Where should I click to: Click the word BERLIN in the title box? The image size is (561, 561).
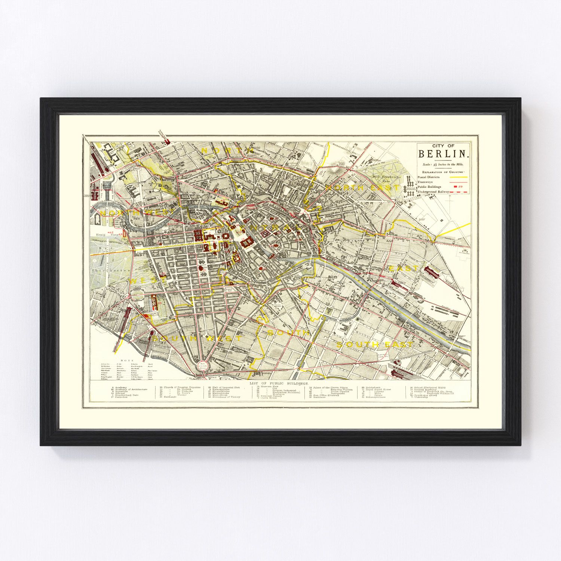443,154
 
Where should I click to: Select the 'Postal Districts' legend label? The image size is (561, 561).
429,177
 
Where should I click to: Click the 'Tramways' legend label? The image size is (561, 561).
425,182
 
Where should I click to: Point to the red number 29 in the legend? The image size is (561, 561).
460,186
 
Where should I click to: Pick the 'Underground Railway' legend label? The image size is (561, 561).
433,191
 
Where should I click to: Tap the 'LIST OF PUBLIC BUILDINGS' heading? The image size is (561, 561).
279,384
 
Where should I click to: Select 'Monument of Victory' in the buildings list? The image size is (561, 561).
226,397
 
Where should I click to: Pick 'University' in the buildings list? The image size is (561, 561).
421,397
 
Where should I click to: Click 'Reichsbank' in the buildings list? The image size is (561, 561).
373,387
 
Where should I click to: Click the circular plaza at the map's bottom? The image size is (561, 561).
202,366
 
